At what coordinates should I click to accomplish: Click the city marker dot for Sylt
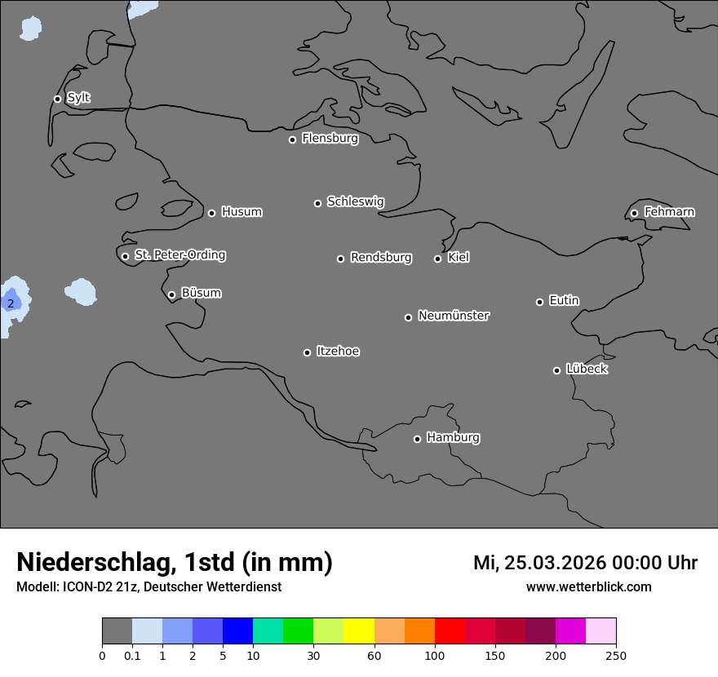[x=57, y=99]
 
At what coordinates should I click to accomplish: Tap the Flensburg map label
[x=330, y=139]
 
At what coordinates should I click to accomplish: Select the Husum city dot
[x=211, y=213]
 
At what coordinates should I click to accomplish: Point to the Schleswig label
[x=356, y=201]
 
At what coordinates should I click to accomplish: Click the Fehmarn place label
[x=669, y=212]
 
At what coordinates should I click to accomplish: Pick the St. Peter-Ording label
[x=180, y=255]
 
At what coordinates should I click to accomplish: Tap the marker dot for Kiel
[x=437, y=259]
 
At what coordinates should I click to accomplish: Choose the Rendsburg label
[x=381, y=258]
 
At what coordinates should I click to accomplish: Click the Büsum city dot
[x=171, y=294]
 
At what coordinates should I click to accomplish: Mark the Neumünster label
[x=454, y=316]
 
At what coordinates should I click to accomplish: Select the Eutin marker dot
[x=539, y=302]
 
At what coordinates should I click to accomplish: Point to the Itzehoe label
[x=338, y=352]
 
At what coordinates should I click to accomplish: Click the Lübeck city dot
[x=556, y=370]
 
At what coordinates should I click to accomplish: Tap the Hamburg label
[x=453, y=438]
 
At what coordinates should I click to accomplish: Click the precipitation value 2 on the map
[x=11, y=303]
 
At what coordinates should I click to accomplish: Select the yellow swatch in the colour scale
[x=359, y=631]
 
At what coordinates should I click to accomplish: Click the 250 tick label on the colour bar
[x=616, y=654]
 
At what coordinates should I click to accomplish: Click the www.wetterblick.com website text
[x=589, y=586]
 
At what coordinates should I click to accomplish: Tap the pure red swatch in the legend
[x=450, y=631]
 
